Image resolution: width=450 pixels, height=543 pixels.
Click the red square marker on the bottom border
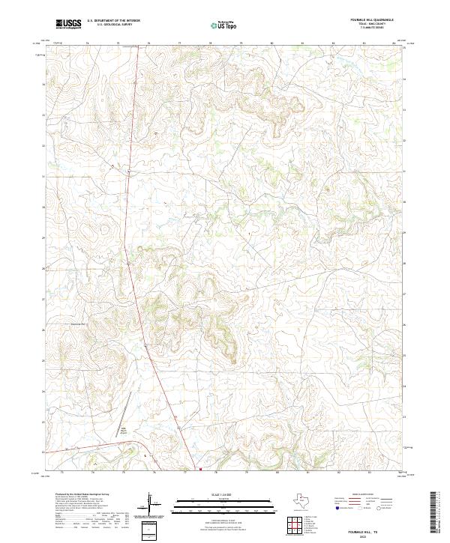(200, 470)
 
